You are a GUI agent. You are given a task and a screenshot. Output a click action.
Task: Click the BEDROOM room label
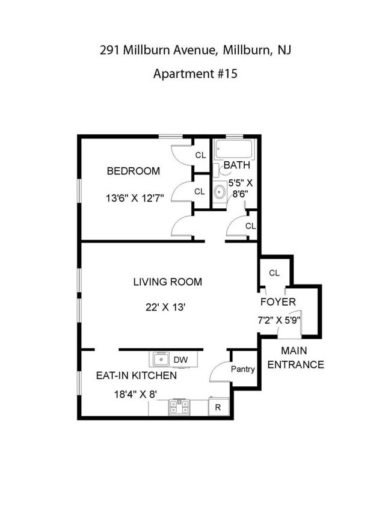[x=133, y=171]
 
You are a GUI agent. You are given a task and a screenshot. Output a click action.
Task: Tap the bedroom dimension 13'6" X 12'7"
[x=135, y=197]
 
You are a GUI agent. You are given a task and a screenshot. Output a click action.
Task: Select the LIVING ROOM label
[x=168, y=282]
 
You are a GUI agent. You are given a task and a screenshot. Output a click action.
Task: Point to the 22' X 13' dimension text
[x=165, y=307]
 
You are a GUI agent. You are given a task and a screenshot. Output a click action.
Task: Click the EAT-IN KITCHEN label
[x=137, y=375]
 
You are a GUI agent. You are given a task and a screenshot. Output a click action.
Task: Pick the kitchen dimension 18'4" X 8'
[x=135, y=394]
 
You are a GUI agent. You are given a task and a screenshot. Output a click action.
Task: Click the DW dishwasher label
[x=180, y=359]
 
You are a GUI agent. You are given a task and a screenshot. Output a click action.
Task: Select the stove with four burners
[x=179, y=407]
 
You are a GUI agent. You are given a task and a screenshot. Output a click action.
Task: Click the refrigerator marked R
[x=218, y=407]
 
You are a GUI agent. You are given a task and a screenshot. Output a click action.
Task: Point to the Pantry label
[x=243, y=369]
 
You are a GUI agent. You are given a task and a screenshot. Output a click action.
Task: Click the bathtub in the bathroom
[x=234, y=149]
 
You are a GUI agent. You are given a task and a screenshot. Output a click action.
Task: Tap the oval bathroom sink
[x=220, y=192]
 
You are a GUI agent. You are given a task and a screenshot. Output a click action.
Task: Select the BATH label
[x=237, y=165]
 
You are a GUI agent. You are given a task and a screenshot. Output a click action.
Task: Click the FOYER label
[x=278, y=302]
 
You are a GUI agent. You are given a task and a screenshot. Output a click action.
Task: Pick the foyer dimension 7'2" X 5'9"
[x=279, y=321]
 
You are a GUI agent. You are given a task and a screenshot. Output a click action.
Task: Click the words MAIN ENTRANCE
[x=295, y=357]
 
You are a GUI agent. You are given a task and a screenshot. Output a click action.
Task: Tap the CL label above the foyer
[x=274, y=273]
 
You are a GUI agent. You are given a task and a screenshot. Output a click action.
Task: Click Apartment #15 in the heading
[x=195, y=73]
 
